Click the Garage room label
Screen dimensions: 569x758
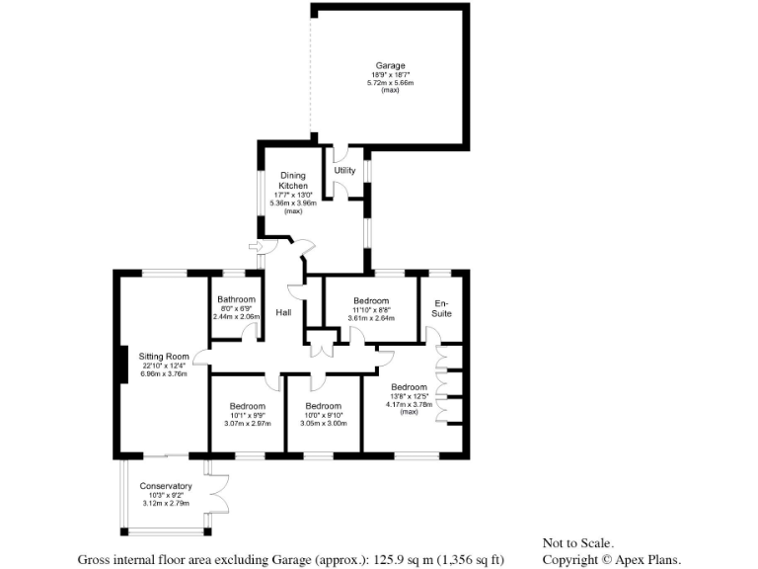pos(390,66)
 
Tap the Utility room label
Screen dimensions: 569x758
pos(344,171)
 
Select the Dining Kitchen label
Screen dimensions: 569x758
pos(293,181)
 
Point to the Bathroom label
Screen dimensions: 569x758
pos(237,299)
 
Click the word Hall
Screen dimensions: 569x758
pos(283,312)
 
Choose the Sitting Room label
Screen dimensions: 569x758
pos(163,356)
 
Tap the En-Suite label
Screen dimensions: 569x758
pos(441,307)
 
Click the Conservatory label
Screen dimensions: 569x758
pos(166,486)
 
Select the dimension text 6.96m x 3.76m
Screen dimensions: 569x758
pos(163,373)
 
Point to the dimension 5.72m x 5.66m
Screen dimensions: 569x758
pos(390,83)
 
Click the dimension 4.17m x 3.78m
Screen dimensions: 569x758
pos(408,404)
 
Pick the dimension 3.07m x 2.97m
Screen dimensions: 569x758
pos(247,424)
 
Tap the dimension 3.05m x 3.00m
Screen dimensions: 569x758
pos(323,424)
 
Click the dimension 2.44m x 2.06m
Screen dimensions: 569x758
pos(237,316)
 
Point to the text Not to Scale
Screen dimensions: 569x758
pos(578,542)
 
